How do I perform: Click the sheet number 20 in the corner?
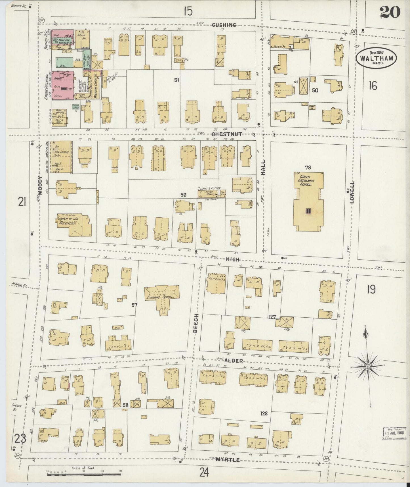point(390,12)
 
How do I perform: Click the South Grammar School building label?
point(305,180)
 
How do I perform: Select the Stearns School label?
point(161,297)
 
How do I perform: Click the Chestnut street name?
point(227,134)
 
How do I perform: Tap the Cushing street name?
point(224,25)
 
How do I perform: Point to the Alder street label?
point(234,361)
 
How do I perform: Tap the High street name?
point(233,259)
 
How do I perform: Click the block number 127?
point(272,317)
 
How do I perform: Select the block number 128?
point(264,413)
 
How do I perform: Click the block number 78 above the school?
point(308,167)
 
